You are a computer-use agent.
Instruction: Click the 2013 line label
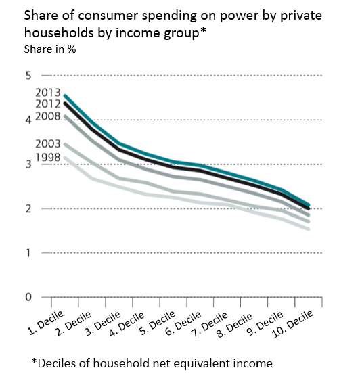point(48,93)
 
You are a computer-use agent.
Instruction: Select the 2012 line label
point(48,104)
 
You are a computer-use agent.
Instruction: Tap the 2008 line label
point(48,116)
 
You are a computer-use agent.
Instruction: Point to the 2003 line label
point(48,143)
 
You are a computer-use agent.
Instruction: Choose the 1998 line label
point(48,157)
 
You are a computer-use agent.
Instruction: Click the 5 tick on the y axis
point(28,76)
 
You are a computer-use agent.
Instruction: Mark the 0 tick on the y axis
point(28,297)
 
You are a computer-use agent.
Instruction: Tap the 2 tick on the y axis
point(28,208)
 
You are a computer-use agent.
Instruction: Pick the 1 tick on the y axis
point(28,253)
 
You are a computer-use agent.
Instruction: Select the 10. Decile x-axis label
point(293,323)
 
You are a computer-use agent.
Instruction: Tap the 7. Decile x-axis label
point(210,323)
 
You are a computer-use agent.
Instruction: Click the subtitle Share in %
point(50,49)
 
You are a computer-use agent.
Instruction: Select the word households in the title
point(59,32)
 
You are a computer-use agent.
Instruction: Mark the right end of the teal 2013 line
point(309,204)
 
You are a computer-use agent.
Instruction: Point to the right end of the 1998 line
point(309,229)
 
